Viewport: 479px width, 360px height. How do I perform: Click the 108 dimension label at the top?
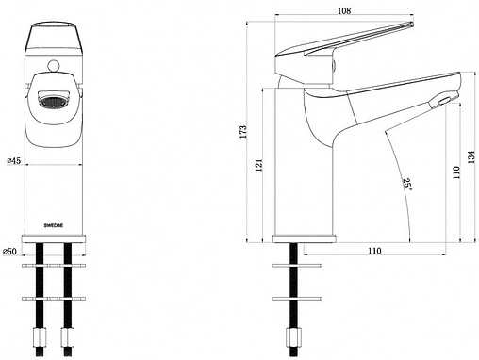tap(344, 10)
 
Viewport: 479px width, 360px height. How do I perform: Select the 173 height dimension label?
tap(243, 132)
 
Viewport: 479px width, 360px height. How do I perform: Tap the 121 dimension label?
tap(258, 165)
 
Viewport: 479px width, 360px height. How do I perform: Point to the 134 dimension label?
tap(471, 157)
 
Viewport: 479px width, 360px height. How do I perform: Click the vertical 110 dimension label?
tap(455, 172)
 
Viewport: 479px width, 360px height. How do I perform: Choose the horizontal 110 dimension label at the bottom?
tap(374, 251)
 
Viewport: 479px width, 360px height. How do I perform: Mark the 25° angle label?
tap(407, 185)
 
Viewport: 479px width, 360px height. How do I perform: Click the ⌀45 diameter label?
tap(13, 161)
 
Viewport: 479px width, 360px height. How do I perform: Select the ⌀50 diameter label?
tap(9, 252)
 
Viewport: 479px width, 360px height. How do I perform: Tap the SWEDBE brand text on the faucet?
tap(54, 225)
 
